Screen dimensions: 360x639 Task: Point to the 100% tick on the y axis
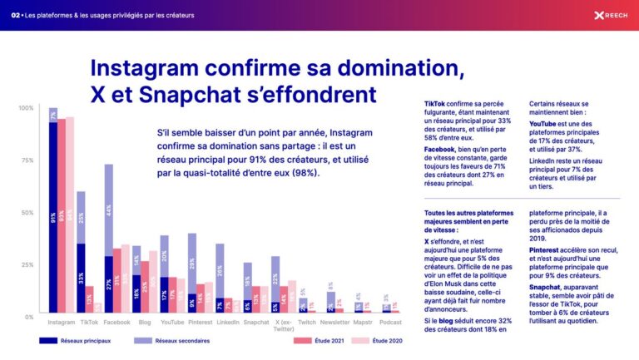coord(26,109)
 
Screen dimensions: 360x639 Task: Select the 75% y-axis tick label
coord(27,160)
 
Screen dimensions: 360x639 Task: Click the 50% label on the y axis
coord(27,213)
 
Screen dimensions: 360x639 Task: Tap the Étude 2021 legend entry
coord(304,341)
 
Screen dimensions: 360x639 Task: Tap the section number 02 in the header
coord(16,15)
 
